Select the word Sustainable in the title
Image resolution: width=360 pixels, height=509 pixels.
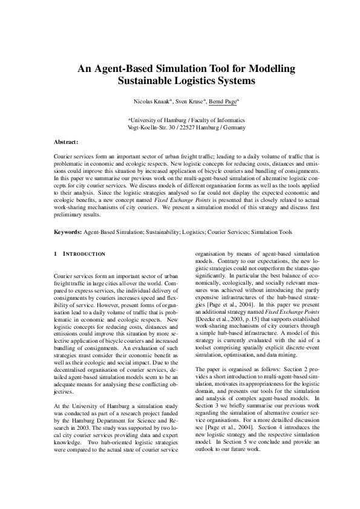(x=143, y=80)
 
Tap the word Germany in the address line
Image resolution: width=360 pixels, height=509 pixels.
(x=233, y=128)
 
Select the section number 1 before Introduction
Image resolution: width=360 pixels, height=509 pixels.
(x=56, y=254)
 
